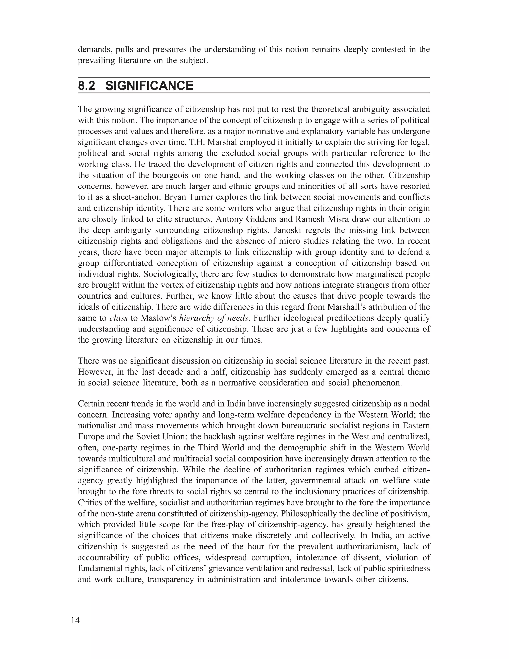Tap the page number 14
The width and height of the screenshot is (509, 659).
tap(75, 620)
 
